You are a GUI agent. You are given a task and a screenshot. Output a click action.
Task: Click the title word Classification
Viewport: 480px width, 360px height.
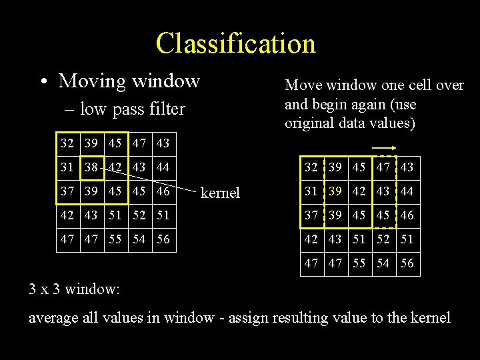click(235, 43)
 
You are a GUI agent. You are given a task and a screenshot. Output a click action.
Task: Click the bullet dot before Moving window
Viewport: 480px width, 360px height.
click(43, 83)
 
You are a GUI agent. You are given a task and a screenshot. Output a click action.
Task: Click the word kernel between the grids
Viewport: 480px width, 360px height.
click(219, 193)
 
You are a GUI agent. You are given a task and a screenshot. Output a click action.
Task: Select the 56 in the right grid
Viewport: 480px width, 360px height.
click(407, 263)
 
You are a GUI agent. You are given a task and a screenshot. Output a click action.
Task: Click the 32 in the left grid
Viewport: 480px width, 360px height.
click(67, 143)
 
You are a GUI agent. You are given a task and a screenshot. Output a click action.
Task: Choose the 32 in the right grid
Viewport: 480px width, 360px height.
click(311, 167)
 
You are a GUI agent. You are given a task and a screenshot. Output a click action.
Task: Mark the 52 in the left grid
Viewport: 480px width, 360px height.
click(139, 216)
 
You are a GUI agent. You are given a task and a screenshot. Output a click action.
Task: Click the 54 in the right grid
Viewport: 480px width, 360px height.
click(383, 263)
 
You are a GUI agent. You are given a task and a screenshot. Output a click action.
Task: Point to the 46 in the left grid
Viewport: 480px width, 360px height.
click(163, 192)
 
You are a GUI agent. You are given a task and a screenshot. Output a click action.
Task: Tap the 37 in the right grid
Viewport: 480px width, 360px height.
click(311, 215)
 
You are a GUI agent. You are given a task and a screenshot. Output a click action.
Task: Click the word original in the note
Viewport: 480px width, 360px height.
click(307, 123)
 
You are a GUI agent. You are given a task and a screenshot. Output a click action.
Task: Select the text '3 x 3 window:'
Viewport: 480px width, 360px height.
click(74, 290)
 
